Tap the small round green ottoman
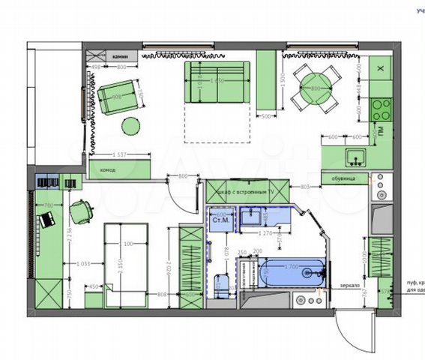click(132, 125)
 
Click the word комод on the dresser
click(108, 170)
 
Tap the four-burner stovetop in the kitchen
click(380, 110)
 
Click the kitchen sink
click(355, 157)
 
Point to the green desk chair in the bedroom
click(81, 209)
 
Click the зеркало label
click(350, 286)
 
